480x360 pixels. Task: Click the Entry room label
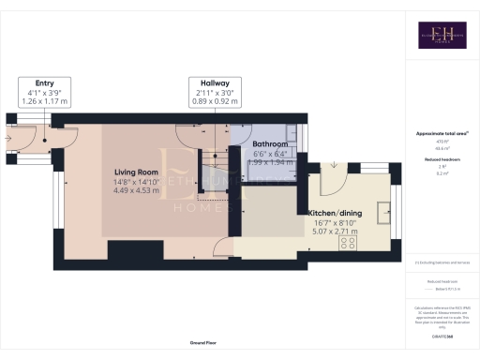coord(44,82)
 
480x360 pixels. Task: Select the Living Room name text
coord(136,172)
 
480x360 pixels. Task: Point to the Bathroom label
coord(272,142)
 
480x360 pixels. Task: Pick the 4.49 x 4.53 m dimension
coord(136,190)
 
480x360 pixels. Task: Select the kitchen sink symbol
coord(383,212)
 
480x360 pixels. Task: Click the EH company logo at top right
coord(437,37)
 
